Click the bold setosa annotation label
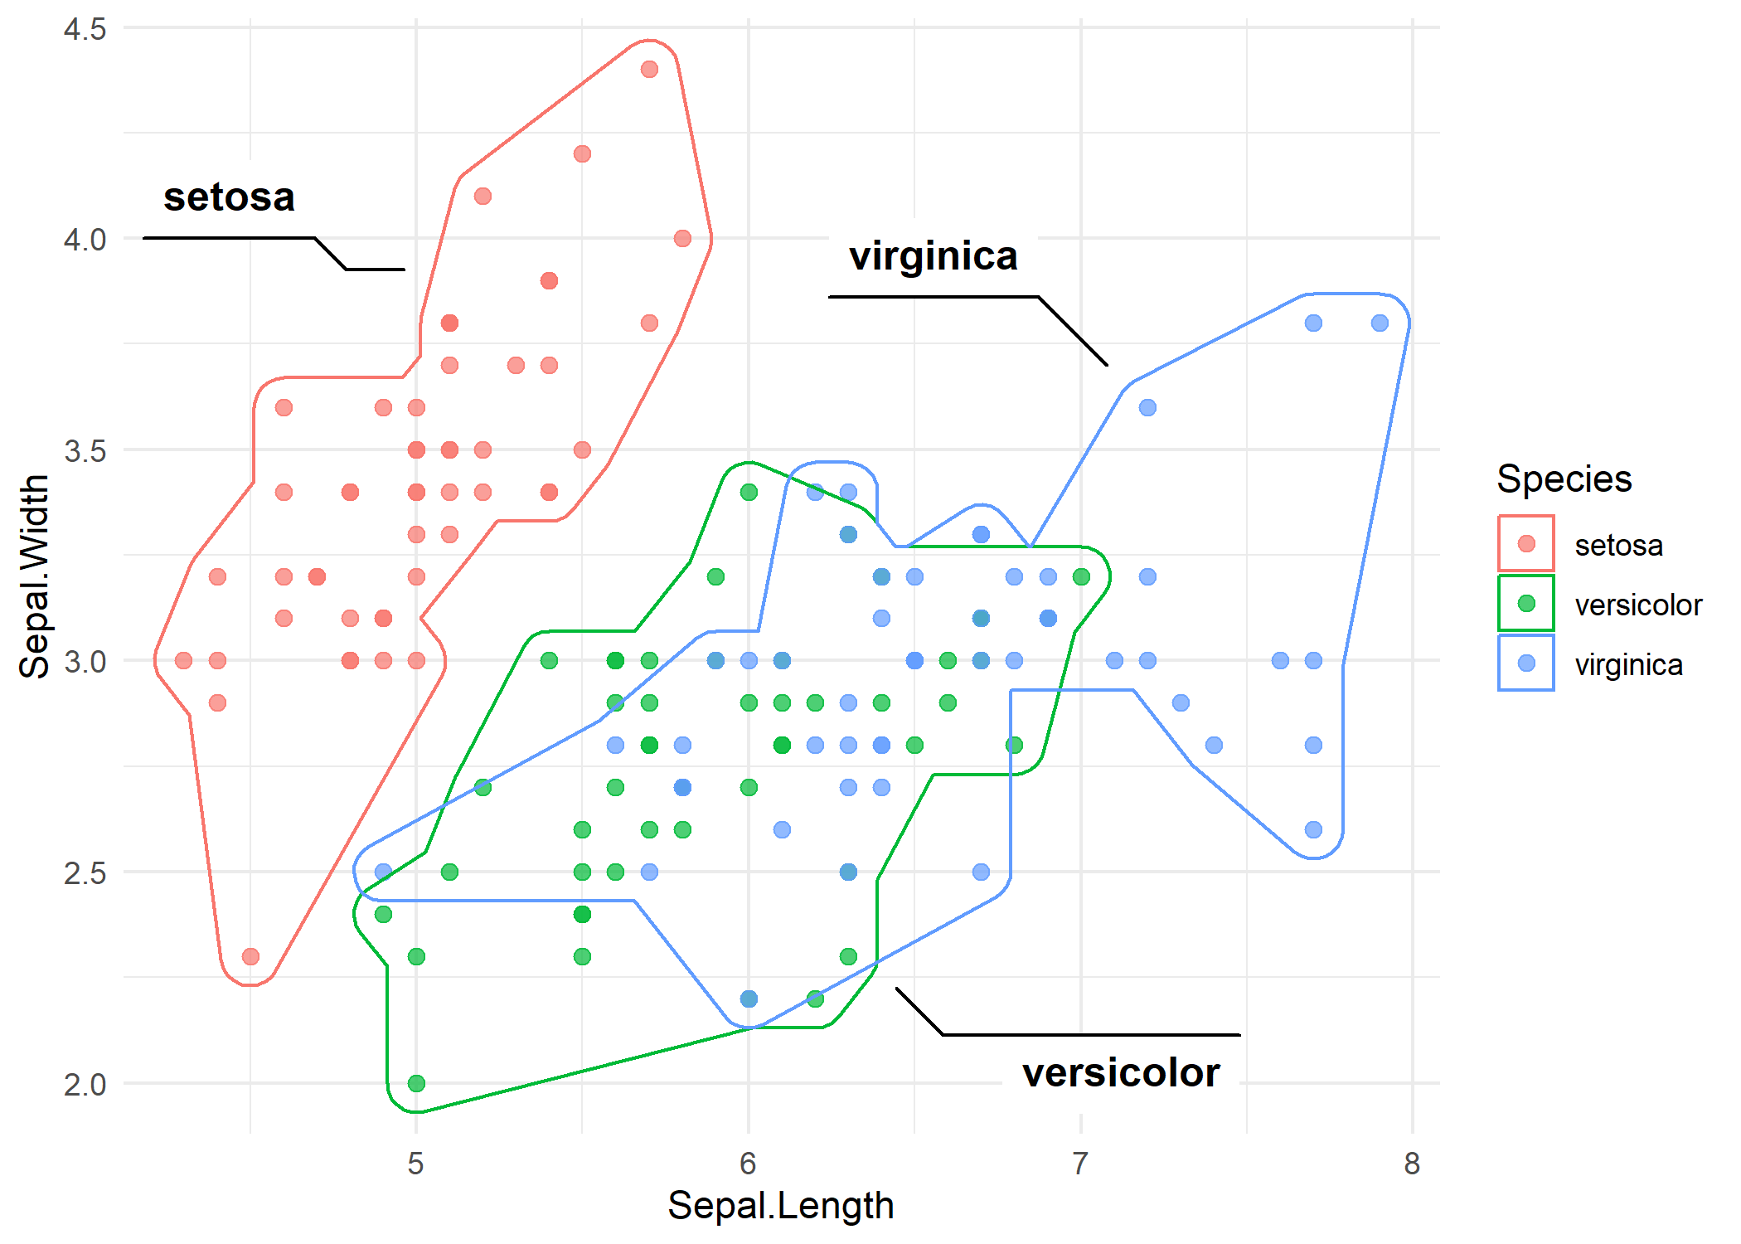click(229, 197)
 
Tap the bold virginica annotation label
click(933, 255)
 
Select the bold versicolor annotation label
click(1120, 1072)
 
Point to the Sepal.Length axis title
click(780, 1205)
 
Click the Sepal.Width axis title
click(34, 576)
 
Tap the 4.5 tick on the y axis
click(85, 29)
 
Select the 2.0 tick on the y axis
click(85, 1084)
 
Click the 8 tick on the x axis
click(1412, 1164)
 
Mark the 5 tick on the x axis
click(415, 1164)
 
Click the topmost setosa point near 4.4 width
click(649, 69)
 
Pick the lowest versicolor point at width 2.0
click(416, 1083)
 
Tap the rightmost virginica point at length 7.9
click(1380, 323)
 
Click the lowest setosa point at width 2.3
click(250, 956)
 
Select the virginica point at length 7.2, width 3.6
click(1147, 407)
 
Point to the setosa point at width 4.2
click(582, 153)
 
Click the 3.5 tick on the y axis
click(85, 450)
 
